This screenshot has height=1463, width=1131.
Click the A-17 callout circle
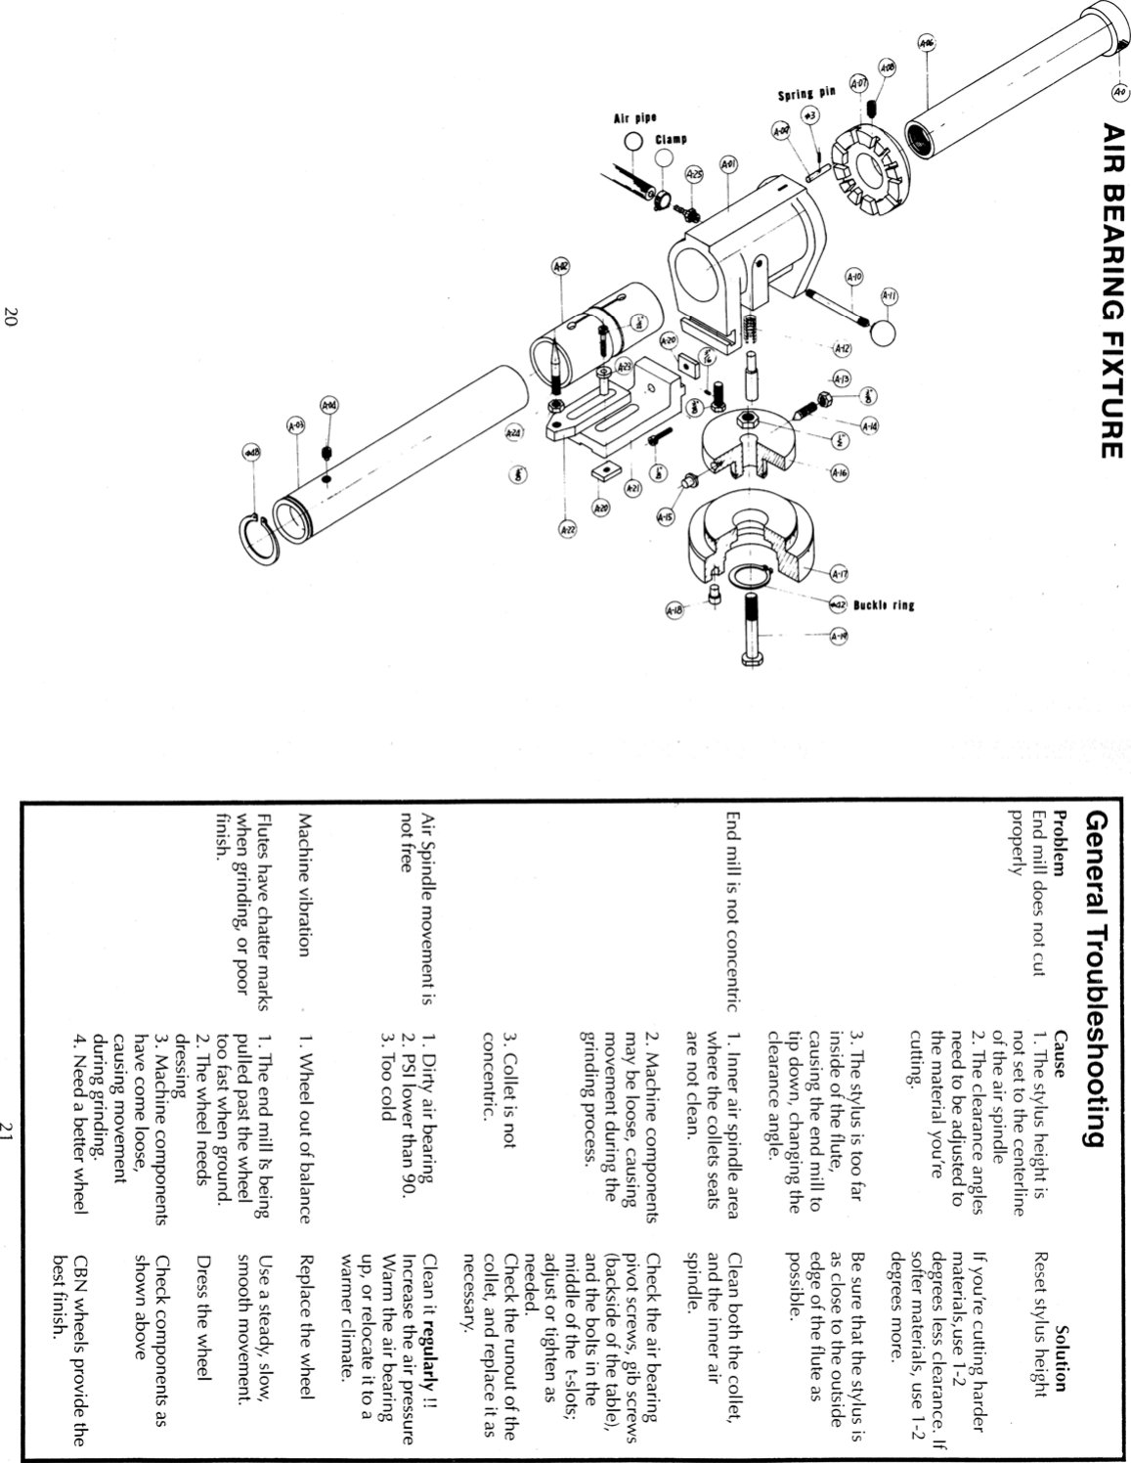pos(838,573)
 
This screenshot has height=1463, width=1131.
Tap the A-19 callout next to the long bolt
pos(838,637)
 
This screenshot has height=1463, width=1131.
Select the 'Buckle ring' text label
pos(884,605)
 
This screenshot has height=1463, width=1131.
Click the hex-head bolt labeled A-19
pos(751,626)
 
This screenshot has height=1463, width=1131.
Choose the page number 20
pos(11,316)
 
